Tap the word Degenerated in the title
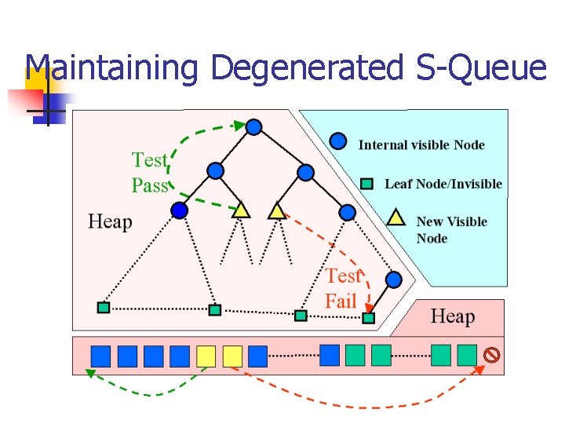[306, 68]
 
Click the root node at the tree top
[253, 126]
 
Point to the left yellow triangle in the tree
[241, 210]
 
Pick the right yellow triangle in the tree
[276, 210]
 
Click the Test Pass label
[150, 173]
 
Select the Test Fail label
[342, 288]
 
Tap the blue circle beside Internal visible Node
[337, 141]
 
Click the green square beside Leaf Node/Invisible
[366, 184]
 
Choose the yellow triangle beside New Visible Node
[397, 217]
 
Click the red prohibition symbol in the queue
[491, 355]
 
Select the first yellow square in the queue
[206, 356]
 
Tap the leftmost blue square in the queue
[100, 356]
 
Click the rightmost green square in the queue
[467, 355]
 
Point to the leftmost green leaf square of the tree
[104, 307]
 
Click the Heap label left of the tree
[110, 221]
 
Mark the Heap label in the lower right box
[453, 316]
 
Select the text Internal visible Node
[421, 144]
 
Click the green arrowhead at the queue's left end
[89, 374]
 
